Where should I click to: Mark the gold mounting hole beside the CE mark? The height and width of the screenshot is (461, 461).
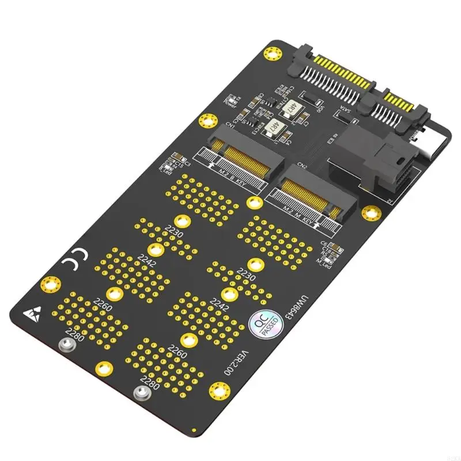50,284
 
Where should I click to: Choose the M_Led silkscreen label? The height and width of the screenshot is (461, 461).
327,263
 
